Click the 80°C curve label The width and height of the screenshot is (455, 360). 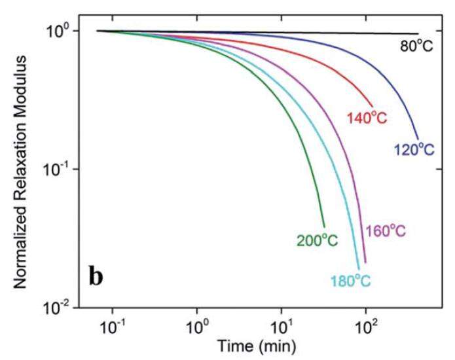click(x=416, y=46)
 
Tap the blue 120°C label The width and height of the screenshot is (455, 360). click(x=414, y=151)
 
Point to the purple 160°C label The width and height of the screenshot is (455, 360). click(x=386, y=231)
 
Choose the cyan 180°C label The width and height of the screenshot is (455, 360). click(x=350, y=281)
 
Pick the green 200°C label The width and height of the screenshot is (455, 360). click(x=316, y=241)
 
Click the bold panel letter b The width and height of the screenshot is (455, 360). click(x=96, y=276)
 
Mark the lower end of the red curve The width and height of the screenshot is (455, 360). click(x=373, y=105)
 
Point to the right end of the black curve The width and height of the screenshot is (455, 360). click(x=418, y=33)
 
